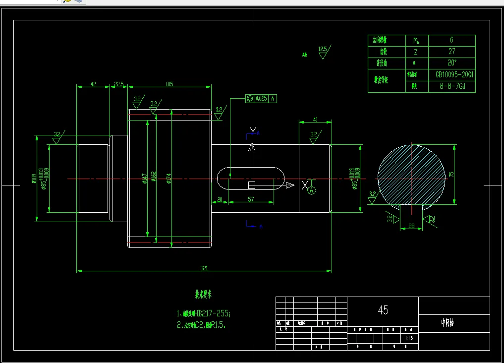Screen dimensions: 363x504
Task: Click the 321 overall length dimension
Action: tap(204, 268)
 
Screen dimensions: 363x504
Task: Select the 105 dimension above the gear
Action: tap(169, 84)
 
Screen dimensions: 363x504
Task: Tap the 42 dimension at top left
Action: tap(93, 84)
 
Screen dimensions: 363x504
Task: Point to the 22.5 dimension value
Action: tap(119, 84)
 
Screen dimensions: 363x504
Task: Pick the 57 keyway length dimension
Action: tap(250, 199)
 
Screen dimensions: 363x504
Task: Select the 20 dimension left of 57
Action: tap(220, 199)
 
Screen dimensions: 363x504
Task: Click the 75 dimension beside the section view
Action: tap(451, 174)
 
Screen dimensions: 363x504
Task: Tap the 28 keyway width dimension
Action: tap(411, 226)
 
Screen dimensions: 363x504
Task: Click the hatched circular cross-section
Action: tap(411, 174)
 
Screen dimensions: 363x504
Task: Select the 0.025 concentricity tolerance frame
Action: tap(261, 99)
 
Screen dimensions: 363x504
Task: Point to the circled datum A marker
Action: tap(312, 190)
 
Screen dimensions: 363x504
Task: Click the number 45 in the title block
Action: tap(383, 310)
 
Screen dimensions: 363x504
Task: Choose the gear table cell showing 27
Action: tap(451, 52)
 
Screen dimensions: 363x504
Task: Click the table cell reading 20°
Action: tap(451, 63)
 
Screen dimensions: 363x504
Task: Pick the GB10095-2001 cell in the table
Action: tap(454, 74)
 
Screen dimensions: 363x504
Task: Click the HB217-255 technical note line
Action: tap(204, 313)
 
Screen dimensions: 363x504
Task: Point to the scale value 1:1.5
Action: tap(409, 338)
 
